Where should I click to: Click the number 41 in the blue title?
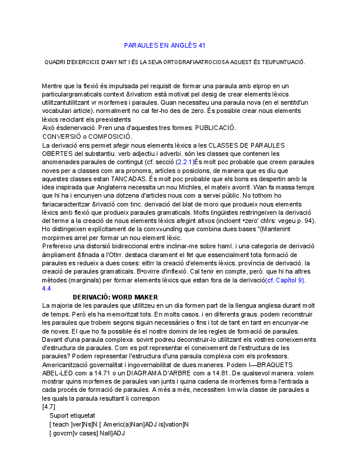pyautogui.click(x=202, y=45)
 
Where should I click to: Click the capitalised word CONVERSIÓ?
pyautogui.click(x=61, y=137)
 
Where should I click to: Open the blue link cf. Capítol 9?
pyautogui.click(x=285, y=280)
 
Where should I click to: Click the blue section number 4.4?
pyautogui.click(x=46, y=288)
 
